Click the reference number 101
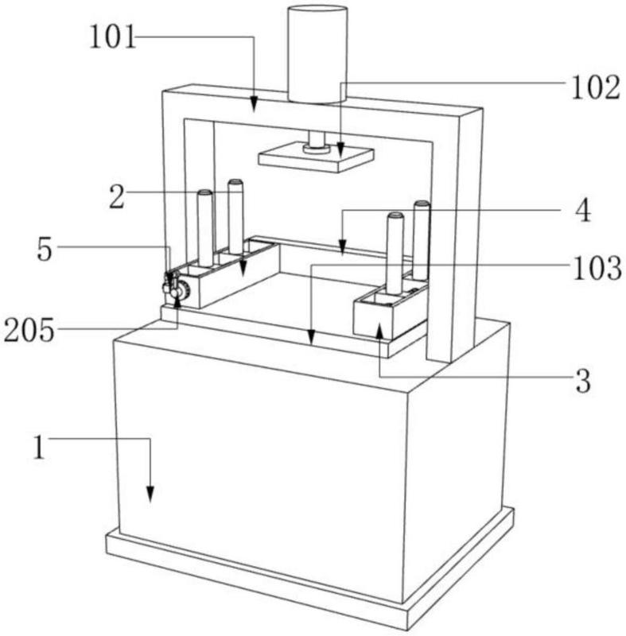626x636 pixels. coord(112,37)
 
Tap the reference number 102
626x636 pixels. coord(596,87)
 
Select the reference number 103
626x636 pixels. coord(597,268)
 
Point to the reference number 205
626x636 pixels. coord(29,330)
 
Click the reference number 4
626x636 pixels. coord(583,211)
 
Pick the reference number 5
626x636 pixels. coord(45,249)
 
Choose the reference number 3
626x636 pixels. coord(583,382)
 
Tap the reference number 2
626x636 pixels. coord(117,196)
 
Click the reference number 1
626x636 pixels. coord(39,447)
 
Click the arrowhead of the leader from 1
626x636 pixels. coord(150,494)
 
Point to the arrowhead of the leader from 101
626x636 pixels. coord(254,104)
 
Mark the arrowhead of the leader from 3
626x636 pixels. coord(379,332)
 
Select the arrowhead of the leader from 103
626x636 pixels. coord(311,337)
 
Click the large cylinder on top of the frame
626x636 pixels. coord(317,54)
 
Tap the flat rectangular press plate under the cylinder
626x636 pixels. coord(316,157)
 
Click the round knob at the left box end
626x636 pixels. coord(185,290)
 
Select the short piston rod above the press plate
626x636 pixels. coord(317,141)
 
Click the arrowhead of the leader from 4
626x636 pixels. coord(342,247)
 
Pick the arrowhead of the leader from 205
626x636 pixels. coord(177,302)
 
